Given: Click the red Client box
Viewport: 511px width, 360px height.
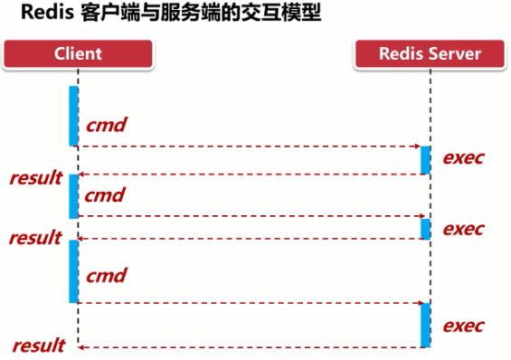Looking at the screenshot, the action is (x=77, y=53).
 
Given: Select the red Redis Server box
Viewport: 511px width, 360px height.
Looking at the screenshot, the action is (x=429, y=53).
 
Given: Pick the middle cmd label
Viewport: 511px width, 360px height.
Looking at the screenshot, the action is (x=104, y=194).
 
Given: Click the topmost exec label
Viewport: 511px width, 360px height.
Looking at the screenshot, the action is (x=463, y=157).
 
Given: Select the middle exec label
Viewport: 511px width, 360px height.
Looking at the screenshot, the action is (x=463, y=227).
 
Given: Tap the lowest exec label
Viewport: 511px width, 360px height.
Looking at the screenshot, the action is (x=463, y=325).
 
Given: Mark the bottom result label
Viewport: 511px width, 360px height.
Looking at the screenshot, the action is (x=38, y=346).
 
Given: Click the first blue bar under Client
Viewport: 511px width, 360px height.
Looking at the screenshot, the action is (x=73, y=116).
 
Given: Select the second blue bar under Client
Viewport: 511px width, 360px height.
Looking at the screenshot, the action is (x=73, y=196).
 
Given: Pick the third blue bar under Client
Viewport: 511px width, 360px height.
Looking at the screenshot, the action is (x=73, y=271).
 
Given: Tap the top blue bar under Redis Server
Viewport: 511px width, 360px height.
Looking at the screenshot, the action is (x=425, y=159).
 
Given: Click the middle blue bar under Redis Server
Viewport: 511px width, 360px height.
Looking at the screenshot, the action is (x=425, y=227).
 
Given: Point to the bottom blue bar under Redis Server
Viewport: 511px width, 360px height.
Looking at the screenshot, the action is (x=425, y=325).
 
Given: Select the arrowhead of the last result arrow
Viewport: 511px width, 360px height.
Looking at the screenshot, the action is (x=80, y=346).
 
